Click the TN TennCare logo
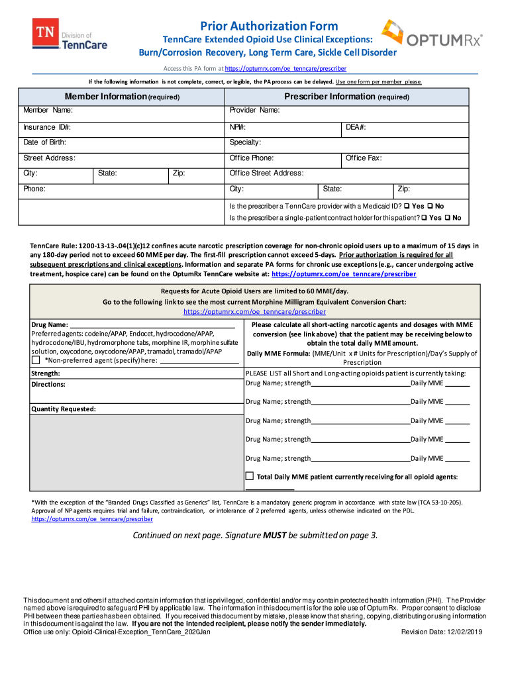[70, 35]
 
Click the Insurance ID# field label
[48, 127]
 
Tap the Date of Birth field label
[45, 142]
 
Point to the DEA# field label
[356, 127]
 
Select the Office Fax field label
[364, 158]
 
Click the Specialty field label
[245, 142]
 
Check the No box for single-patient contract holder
[448, 218]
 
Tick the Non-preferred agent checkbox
[36, 360]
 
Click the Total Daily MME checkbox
[250, 476]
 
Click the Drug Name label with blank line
[50, 324]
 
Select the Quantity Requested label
[64, 409]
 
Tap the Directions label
[48, 384]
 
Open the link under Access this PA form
[285, 69]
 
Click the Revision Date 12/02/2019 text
[442, 632]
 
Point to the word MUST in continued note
[275, 535]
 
